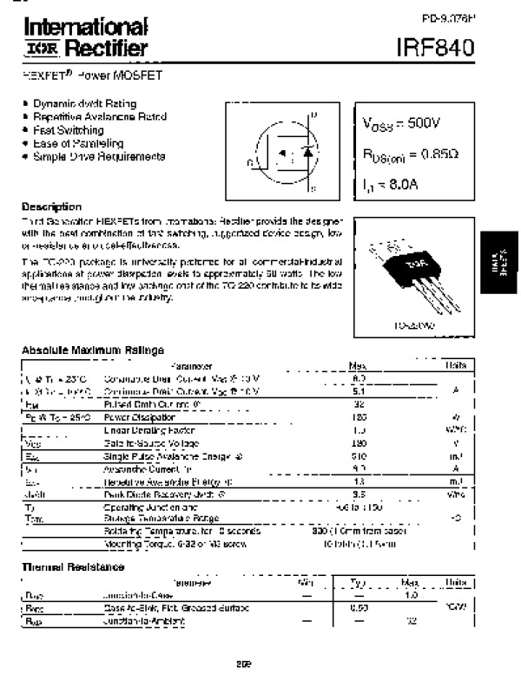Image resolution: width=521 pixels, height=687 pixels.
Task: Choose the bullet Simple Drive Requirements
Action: tap(98, 156)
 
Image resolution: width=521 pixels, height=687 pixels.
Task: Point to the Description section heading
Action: tap(51, 207)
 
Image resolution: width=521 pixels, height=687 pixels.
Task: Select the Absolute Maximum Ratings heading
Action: tap(92, 350)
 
